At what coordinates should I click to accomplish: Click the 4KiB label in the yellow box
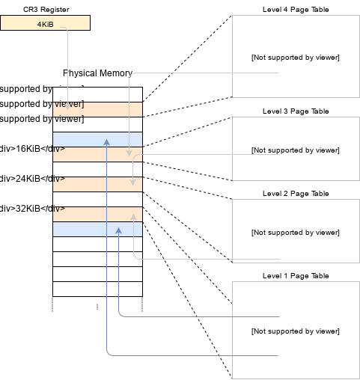pos(45,24)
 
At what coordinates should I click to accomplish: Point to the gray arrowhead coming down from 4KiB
pos(69,105)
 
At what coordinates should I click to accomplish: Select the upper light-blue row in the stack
pos(97,139)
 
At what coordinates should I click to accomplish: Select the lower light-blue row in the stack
pos(97,229)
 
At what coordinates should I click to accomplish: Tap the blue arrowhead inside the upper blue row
pos(107,140)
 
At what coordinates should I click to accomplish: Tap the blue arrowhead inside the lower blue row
pos(118,230)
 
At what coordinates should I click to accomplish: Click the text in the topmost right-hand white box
pos(295,58)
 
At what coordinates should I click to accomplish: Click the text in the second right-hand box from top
pos(295,150)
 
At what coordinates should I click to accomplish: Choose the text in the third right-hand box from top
pos(295,233)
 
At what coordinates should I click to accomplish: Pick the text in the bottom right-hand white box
pos(295,331)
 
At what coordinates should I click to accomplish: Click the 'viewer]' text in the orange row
pos(68,104)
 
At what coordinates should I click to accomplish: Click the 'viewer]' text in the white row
pos(68,119)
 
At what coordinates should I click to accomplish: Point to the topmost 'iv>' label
pos(58,150)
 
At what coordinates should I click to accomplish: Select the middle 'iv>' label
pos(58,180)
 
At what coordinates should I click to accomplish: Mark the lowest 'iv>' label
pos(58,209)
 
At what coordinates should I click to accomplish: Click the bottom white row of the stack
pos(97,289)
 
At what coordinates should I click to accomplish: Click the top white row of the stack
pos(97,94)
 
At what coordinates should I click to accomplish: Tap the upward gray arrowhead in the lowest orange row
pos(134,216)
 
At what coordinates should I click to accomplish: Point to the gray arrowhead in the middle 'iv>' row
pos(134,183)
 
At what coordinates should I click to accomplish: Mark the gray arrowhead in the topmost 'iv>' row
pos(129,153)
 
